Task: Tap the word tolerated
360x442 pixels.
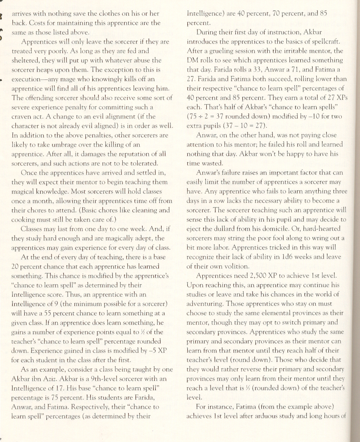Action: (x=142, y=163)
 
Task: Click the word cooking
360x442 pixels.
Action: (x=23, y=219)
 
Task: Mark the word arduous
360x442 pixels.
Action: (x=257, y=416)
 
